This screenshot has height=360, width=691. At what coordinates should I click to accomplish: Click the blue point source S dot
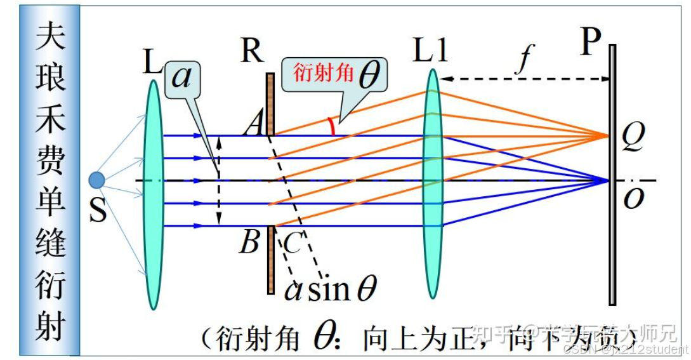tap(96, 180)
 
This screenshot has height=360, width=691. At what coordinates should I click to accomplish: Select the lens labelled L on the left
tap(154, 190)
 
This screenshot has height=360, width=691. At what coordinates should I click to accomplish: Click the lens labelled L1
tap(433, 184)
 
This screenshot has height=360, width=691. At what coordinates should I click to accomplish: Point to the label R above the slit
tap(252, 50)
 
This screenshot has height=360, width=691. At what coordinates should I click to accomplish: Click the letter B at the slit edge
tap(249, 241)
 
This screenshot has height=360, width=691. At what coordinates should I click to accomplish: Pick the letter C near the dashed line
tap(291, 244)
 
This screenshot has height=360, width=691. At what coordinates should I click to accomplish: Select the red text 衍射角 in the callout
tap(323, 73)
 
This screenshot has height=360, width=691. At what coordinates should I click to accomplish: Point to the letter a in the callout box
tap(181, 77)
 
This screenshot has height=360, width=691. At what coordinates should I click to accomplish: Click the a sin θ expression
tap(330, 290)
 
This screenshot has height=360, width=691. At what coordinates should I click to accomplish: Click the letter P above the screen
tap(590, 43)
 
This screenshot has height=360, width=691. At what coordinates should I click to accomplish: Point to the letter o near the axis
tap(633, 197)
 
